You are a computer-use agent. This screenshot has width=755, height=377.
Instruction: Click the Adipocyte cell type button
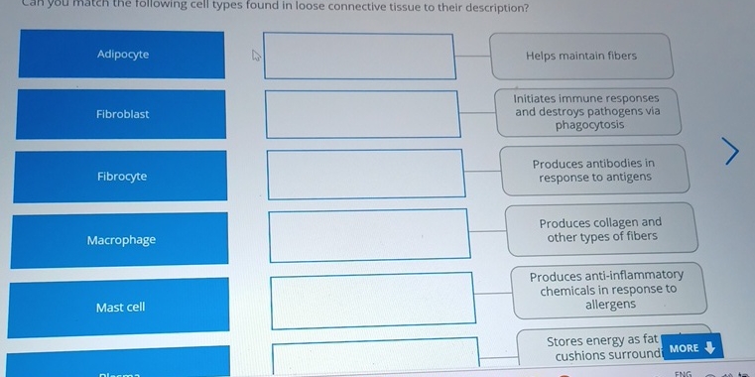coord(122,55)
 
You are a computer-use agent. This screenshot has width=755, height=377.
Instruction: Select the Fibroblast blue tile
coord(122,114)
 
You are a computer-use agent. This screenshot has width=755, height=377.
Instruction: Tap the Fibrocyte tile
coord(122,177)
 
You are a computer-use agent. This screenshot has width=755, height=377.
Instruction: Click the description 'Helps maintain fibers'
coord(580,56)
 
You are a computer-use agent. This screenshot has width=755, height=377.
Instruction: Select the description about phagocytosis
coord(586,112)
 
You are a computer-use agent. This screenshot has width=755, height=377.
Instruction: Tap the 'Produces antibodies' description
coord(593,171)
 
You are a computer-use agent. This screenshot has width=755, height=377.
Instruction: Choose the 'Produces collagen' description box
coord(599,229)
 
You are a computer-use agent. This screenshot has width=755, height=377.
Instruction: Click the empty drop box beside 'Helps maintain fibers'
coord(360,57)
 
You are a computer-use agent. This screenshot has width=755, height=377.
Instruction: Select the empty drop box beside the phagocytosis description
coord(362,115)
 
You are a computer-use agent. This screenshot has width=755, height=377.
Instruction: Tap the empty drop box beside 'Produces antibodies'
coord(365,174)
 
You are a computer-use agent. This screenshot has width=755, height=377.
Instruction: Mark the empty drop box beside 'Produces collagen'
coord(369,235)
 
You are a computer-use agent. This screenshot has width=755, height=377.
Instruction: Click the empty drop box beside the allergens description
coord(372,300)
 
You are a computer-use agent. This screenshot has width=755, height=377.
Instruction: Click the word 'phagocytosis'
coord(589,125)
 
